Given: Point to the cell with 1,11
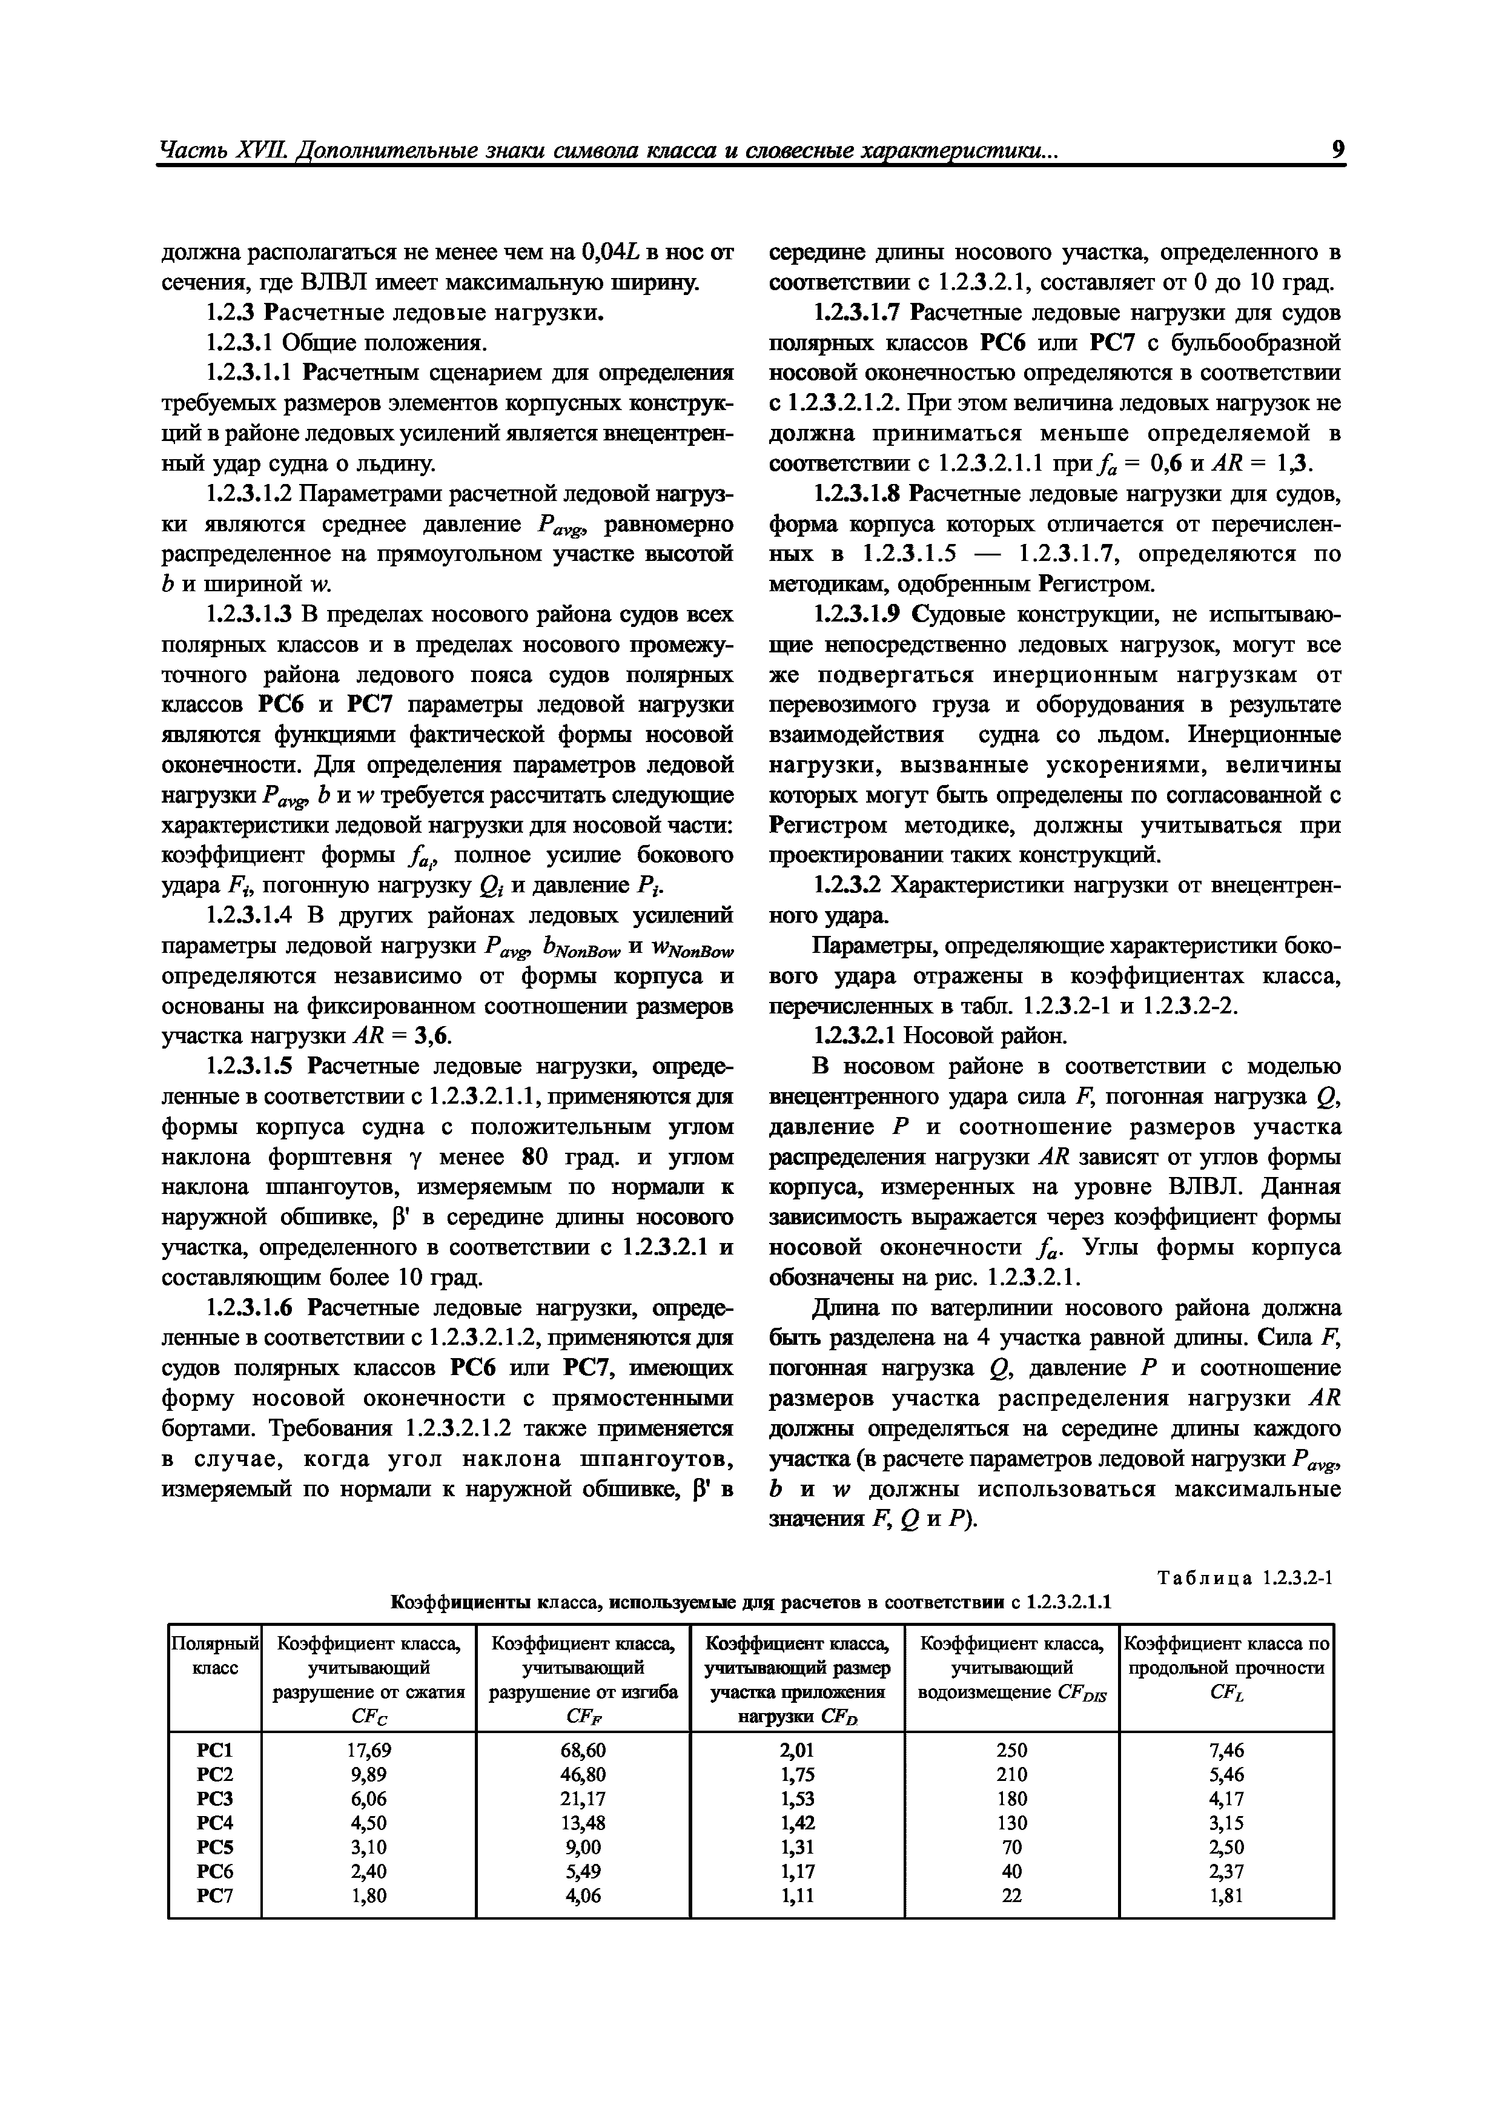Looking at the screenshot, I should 797,1895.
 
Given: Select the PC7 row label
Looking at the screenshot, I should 215,1895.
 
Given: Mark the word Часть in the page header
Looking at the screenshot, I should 191,150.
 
